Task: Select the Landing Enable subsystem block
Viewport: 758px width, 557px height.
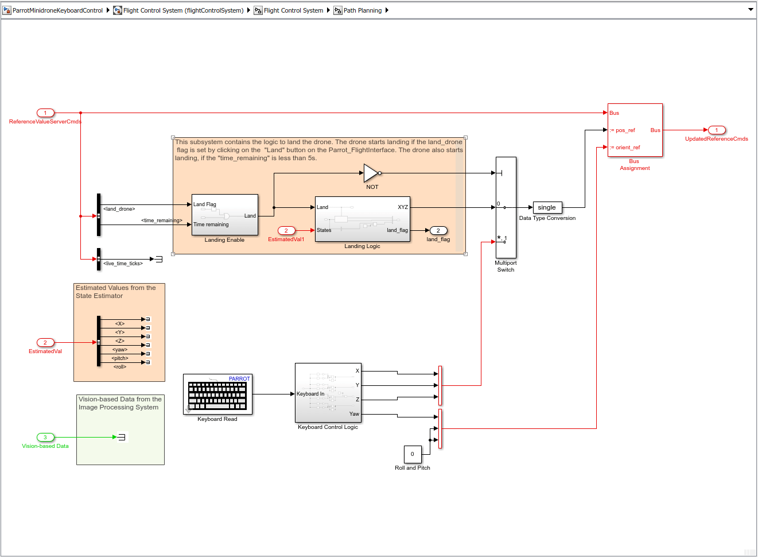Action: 224,215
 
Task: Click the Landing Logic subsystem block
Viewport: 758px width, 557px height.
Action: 363,219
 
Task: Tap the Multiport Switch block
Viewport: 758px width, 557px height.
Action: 506,207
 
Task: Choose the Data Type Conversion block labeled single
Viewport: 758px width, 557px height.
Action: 547,207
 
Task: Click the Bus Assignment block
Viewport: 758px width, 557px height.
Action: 635,130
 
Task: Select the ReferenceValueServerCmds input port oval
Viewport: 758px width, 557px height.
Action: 45,113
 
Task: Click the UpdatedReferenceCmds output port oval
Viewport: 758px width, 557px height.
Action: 716,130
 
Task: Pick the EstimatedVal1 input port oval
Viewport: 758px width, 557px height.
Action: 286,230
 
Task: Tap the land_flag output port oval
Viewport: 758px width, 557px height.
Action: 438,230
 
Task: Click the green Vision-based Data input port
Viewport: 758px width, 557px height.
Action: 45,437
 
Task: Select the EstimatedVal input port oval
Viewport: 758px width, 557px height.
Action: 45,342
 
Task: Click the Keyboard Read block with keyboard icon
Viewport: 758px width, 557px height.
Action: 217,394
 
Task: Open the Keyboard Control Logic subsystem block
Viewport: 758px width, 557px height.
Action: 328,393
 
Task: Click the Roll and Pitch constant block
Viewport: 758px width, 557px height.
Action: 413,454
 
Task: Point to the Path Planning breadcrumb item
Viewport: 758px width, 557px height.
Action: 362,10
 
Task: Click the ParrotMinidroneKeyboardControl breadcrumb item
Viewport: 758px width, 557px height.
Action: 57,10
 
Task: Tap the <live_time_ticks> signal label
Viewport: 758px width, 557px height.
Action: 123,264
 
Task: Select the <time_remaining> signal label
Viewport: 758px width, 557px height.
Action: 161,221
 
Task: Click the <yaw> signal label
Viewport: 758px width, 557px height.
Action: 120,350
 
